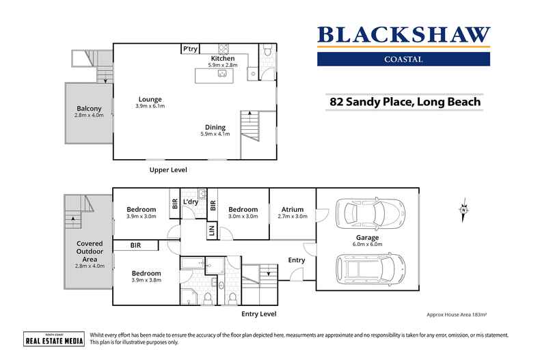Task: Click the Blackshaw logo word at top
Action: pyautogui.click(x=403, y=35)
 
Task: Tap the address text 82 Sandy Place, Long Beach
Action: pyautogui.click(x=405, y=102)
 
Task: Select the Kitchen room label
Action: pyautogui.click(x=223, y=59)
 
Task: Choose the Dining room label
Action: pyautogui.click(x=215, y=127)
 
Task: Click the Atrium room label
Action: pyautogui.click(x=292, y=210)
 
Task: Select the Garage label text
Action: pyautogui.click(x=368, y=238)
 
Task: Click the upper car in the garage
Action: pyautogui.click(x=366, y=212)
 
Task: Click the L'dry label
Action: pyautogui.click(x=191, y=202)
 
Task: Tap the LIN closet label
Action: pyautogui.click(x=211, y=231)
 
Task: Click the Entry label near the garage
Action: pyautogui.click(x=297, y=260)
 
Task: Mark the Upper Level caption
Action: pyautogui.click(x=168, y=169)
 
